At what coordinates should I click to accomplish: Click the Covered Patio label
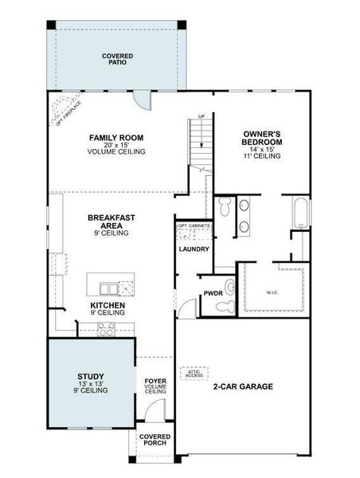pyautogui.click(x=117, y=58)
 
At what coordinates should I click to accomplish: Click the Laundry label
pyautogui.click(x=194, y=249)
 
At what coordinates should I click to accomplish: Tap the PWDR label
pyautogui.click(x=213, y=293)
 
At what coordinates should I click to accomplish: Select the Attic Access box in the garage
pyautogui.click(x=195, y=373)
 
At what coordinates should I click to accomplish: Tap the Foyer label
pyautogui.click(x=155, y=386)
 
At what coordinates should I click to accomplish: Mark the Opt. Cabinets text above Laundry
pyautogui.click(x=194, y=226)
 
